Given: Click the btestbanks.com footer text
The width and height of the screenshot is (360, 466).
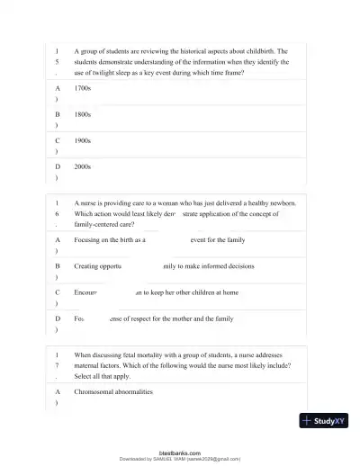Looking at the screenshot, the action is point(180,453).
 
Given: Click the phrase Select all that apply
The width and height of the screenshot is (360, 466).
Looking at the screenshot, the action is point(103,377).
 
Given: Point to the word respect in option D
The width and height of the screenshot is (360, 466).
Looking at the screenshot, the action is point(145,318).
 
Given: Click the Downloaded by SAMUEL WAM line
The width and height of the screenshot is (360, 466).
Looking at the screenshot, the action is point(180,459).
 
